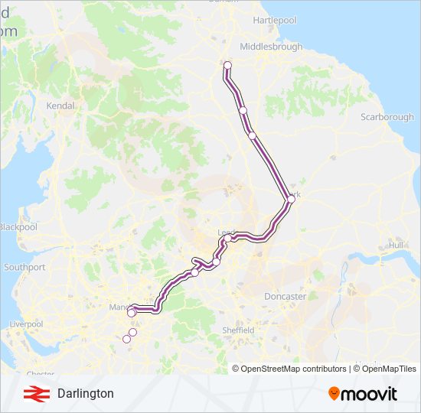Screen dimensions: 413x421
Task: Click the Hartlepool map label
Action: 274,20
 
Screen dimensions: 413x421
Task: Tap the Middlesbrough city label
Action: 271,47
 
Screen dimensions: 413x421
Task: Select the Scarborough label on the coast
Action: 387,117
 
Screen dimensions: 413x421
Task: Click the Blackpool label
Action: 18,227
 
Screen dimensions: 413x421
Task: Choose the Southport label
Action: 24,268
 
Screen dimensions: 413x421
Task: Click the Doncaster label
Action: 285,296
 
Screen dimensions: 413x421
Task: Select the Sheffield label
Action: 239,330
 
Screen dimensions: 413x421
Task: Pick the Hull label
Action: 396,246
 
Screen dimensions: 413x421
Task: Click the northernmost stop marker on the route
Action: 227,65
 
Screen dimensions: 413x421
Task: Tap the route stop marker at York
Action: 291,200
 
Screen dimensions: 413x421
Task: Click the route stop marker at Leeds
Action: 227,238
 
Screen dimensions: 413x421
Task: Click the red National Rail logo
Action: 32,394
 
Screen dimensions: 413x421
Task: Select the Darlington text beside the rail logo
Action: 85,394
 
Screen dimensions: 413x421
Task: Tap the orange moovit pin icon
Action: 335,394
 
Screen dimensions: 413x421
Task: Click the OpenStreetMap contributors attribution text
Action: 293,369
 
